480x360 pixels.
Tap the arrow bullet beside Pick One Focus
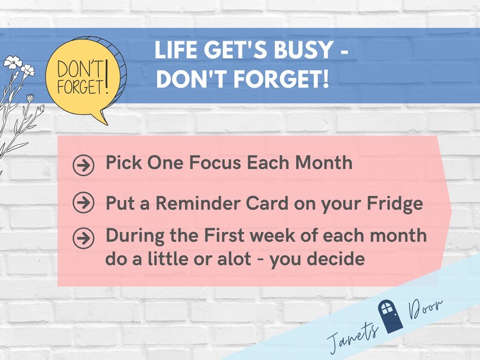point(83,165)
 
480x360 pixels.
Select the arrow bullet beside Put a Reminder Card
point(83,204)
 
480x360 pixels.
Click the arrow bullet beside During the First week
point(83,238)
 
